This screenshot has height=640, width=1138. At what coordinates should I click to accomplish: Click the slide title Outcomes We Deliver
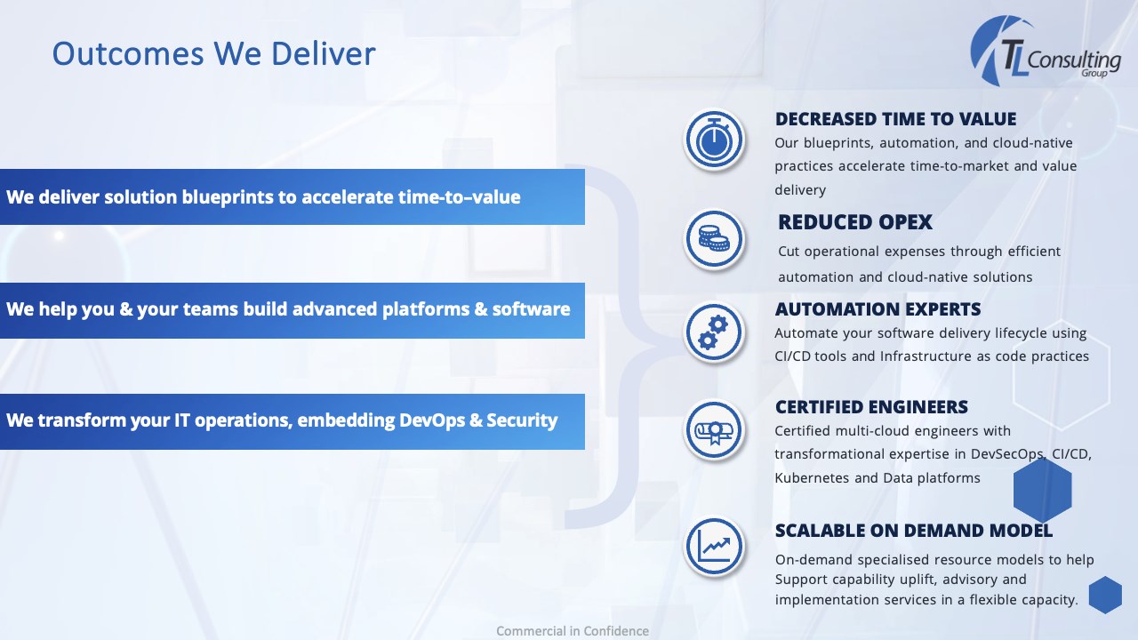point(214,54)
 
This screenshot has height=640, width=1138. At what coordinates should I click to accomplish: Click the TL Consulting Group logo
point(1045,51)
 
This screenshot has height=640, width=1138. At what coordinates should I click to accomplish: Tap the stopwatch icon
point(714,140)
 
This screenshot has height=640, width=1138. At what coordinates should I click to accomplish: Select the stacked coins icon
point(714,239)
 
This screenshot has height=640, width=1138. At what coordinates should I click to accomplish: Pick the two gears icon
point(714,332)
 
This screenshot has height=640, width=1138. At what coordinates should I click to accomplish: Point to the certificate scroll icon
point(714,430)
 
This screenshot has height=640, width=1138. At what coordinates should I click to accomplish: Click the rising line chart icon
point(714,547)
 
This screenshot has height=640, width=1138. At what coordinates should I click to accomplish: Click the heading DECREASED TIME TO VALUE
point(895,119)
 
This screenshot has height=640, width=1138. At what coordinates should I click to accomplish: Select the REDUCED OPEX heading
point(855,222)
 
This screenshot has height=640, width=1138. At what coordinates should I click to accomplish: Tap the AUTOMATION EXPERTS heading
point(878,308)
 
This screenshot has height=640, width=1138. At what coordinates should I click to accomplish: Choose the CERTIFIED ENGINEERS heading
point(871,407)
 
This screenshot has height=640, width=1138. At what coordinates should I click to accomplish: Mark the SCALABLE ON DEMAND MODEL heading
point(913,531)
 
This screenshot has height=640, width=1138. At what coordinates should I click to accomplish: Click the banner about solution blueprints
point(293,196)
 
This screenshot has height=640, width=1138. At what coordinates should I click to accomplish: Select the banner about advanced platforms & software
point(293,310)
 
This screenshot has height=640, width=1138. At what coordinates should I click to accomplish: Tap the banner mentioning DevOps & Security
point(293,421)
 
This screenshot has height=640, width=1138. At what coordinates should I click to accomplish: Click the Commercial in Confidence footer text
point(573,631)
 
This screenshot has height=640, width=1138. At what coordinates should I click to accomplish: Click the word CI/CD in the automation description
point(792,356)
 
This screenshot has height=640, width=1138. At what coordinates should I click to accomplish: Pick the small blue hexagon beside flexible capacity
point(1105,595)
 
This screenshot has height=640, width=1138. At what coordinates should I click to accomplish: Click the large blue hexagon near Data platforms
point(1043,490)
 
